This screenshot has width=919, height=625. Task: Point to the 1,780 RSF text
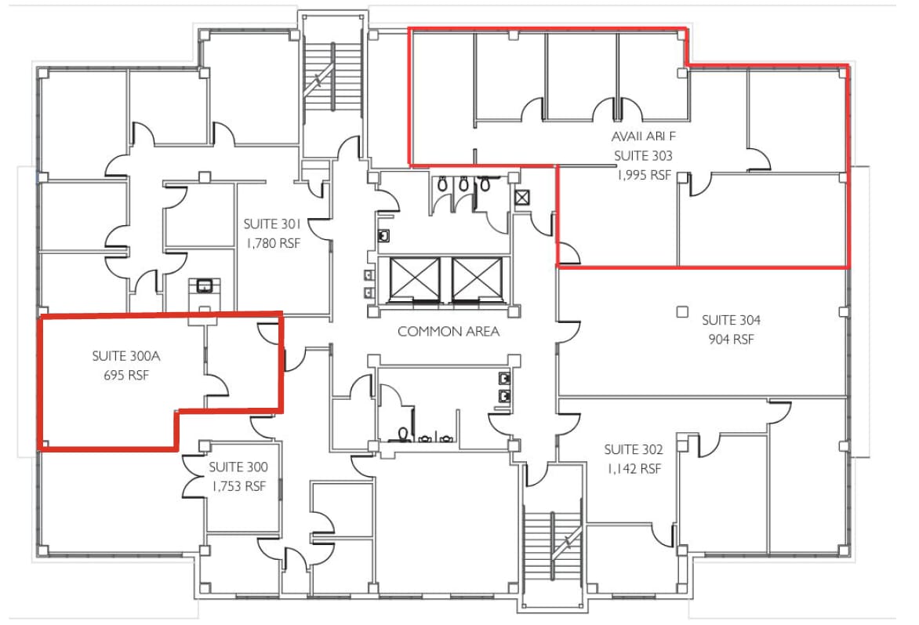pyautogui.click(x=273, y=243)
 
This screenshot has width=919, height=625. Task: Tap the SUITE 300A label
pyautogui.click(x=125, y=356)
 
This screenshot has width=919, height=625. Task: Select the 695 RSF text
pyautogui.click(x=125, y=375)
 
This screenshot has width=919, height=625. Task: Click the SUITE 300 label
pyautogui.click(x=238, y=467)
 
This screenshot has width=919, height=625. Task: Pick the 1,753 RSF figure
pyautogui.click(x=238, y=486)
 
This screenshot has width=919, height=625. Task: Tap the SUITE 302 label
pyautogui.click(x=634, y=449)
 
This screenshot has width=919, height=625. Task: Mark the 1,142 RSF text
pyautogui.click(x=634, y=469)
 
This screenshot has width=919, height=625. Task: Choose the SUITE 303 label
pyautogui.click(x=643, y=155)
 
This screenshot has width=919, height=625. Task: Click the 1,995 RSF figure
pyautogui.click(x=643, y=175)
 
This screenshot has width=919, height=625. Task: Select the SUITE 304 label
pyautogui.click(x=731, y=320)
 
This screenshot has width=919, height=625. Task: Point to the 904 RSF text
pyautogui.click(x=731, y=340)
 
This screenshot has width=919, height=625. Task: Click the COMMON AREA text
pyautogui.click(x=449, y=332)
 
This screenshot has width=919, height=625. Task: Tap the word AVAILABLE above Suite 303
pyautogui.click(x=643, y=136)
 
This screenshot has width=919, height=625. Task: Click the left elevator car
pyautogui.click(x=416, y=278)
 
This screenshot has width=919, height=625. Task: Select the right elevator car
pyautogui.click(x=478, y=278)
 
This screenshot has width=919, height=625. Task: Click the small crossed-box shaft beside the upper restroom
pyautogui.click(x=522, y=197)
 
